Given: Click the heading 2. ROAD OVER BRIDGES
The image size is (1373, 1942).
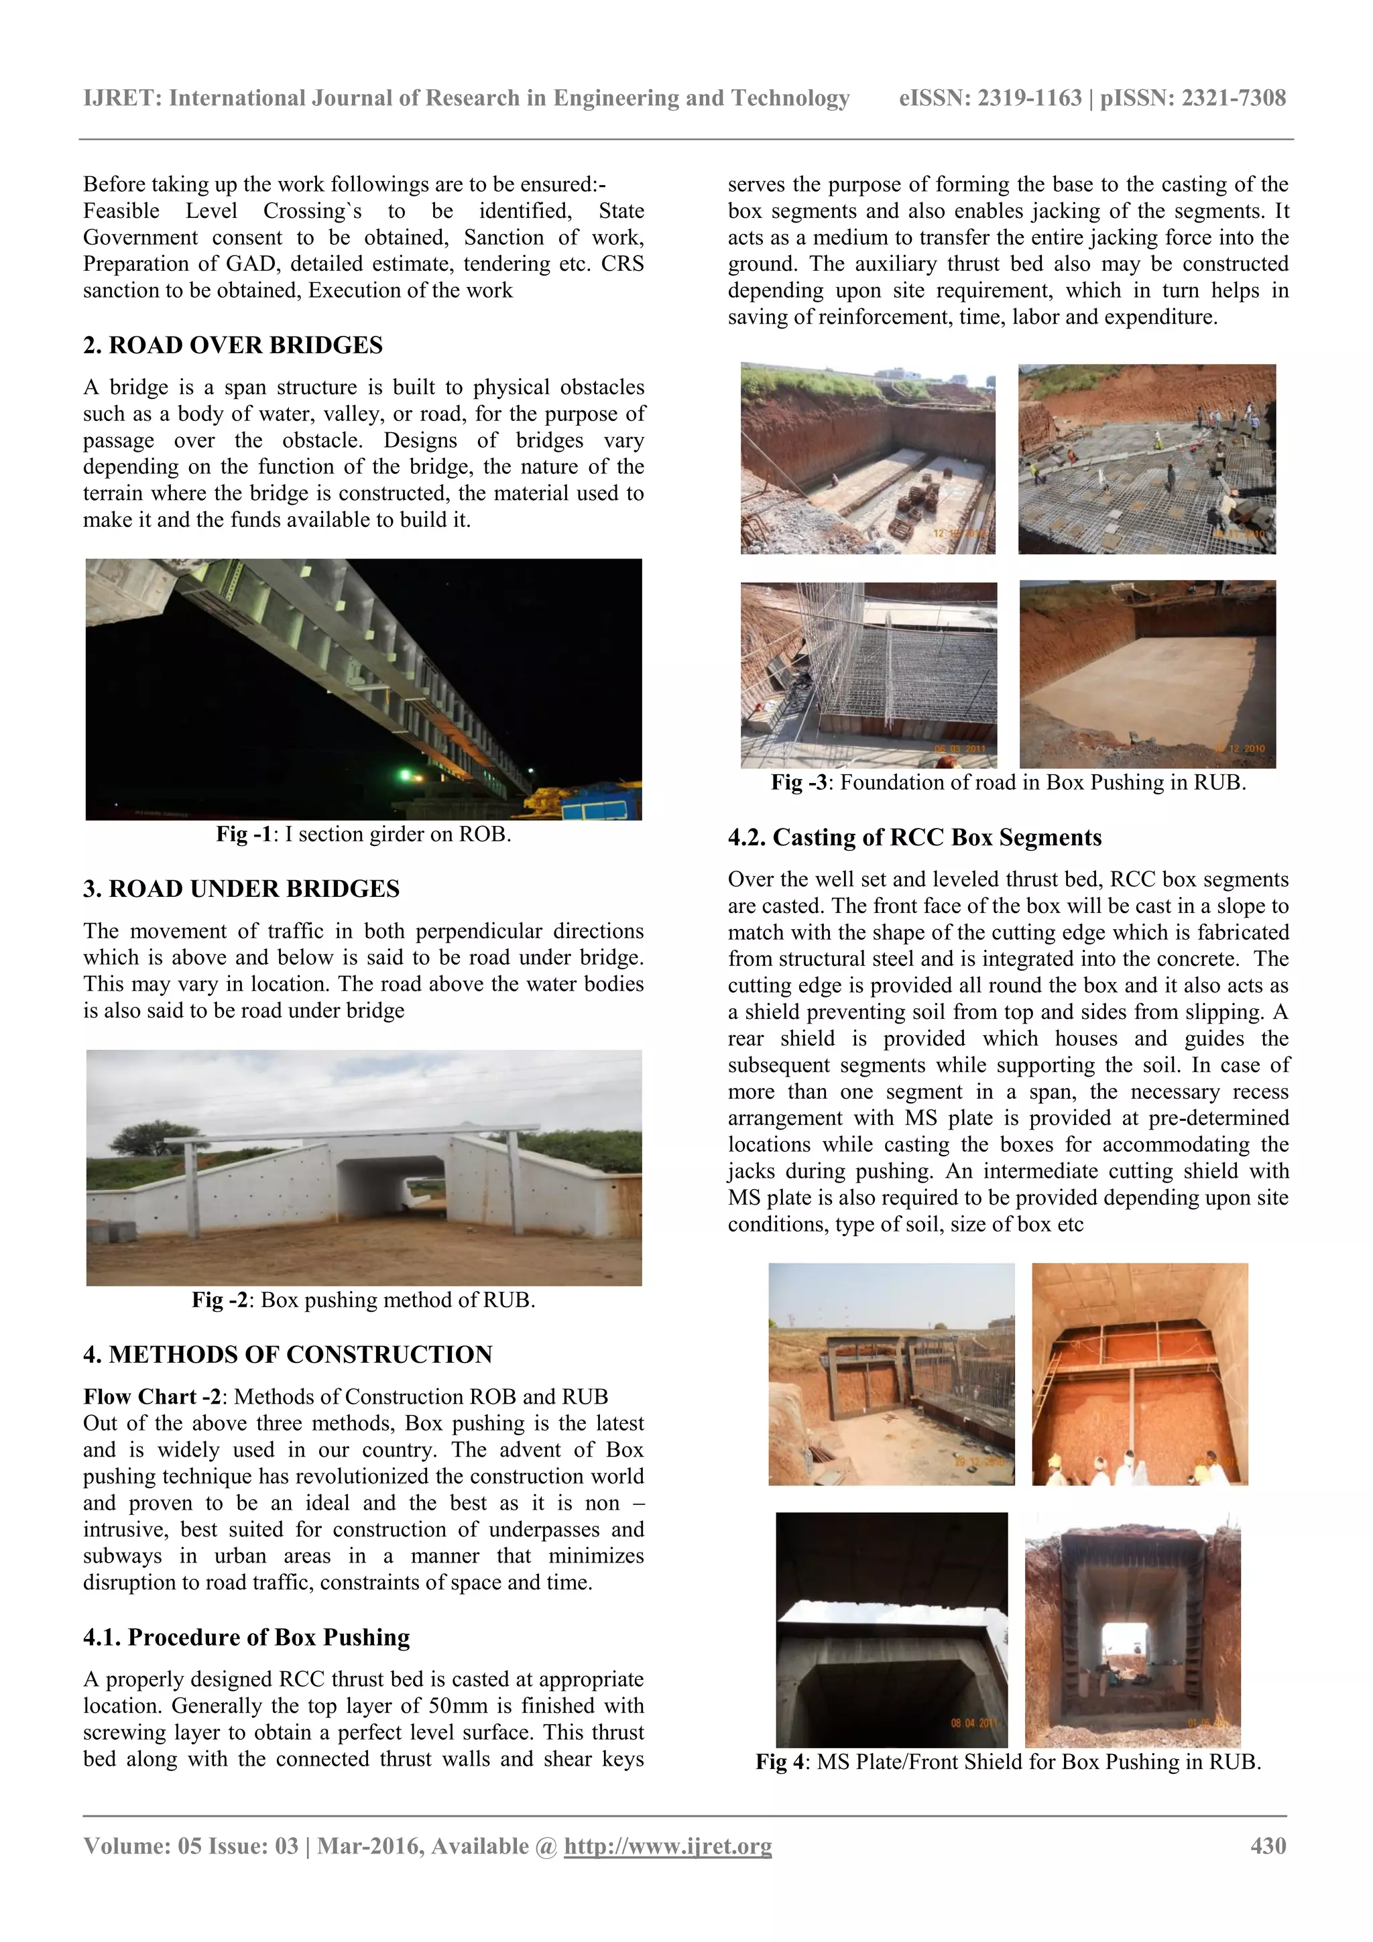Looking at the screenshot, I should [233, 345].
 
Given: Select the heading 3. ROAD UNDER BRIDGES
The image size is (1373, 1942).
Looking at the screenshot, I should [241, 889].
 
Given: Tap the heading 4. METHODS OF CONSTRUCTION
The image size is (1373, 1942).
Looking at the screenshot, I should [288, 1354].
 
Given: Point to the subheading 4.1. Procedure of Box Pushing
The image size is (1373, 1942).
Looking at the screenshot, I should [246, 1637].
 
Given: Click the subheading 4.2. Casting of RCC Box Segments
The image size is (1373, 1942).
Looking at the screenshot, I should [914, 837].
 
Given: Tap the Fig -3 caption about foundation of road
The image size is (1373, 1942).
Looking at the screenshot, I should [1008, 782].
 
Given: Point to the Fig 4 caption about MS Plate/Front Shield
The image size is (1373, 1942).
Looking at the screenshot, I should [1008, 1762].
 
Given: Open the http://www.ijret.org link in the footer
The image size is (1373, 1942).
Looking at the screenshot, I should [668, 1845].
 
